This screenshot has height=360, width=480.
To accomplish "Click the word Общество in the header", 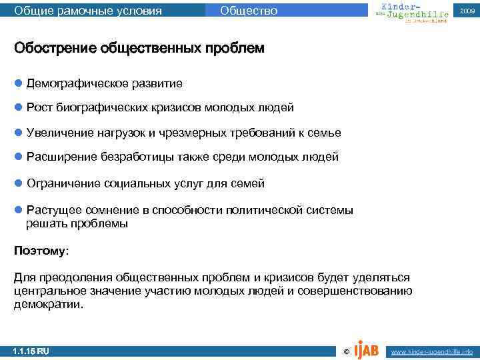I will pos(248,11).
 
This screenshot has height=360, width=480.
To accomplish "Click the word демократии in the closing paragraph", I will pos(47,304).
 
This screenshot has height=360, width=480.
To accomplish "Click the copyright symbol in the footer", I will pos(345,351).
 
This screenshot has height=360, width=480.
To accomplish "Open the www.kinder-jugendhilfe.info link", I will pos(431,351).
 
